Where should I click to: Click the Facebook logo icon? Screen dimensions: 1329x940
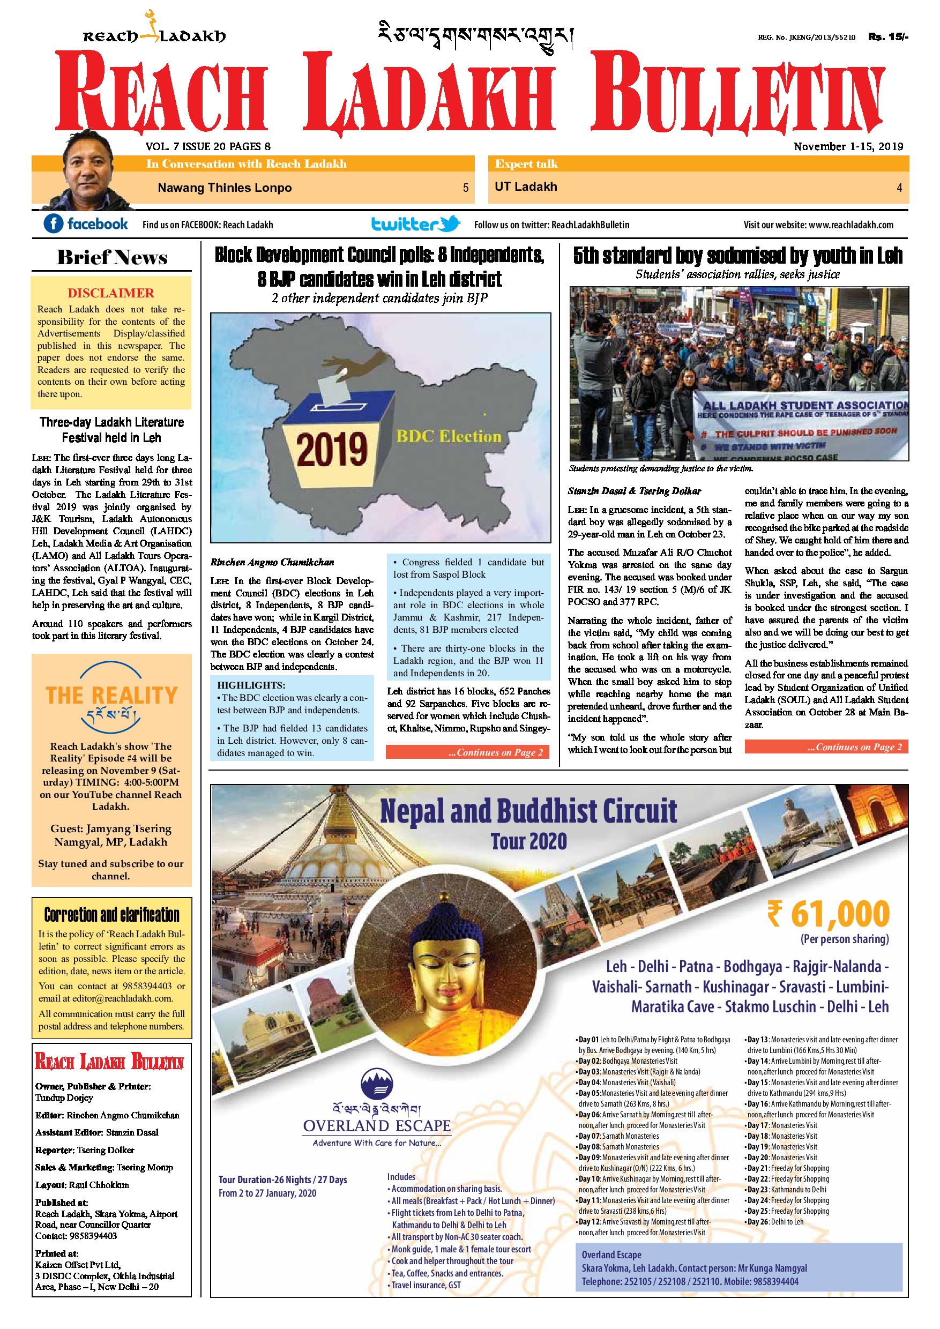(x=53, y=223)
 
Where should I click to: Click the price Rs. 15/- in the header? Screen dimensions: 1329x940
(x=888, y=37)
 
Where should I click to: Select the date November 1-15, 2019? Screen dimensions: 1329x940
(x=848, y=146)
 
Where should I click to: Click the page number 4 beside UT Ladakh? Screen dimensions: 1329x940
(x=899, y=188)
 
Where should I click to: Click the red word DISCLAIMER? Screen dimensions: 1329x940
(x=111, y=293)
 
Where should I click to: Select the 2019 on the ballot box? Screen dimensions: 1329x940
(x=332, y=449)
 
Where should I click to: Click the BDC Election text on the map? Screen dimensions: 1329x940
(x=449, y=436)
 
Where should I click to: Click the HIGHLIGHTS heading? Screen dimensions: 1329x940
(x=251, y=685)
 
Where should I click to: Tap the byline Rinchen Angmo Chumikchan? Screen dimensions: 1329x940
(x=272, y=562)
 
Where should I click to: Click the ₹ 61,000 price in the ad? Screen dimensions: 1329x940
(x=829, y=914)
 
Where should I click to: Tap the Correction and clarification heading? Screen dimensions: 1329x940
(x=111, y=915)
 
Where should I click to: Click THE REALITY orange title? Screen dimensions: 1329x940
(x=111, y=695)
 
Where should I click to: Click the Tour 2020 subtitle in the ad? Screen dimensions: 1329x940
(x=528, y=841)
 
